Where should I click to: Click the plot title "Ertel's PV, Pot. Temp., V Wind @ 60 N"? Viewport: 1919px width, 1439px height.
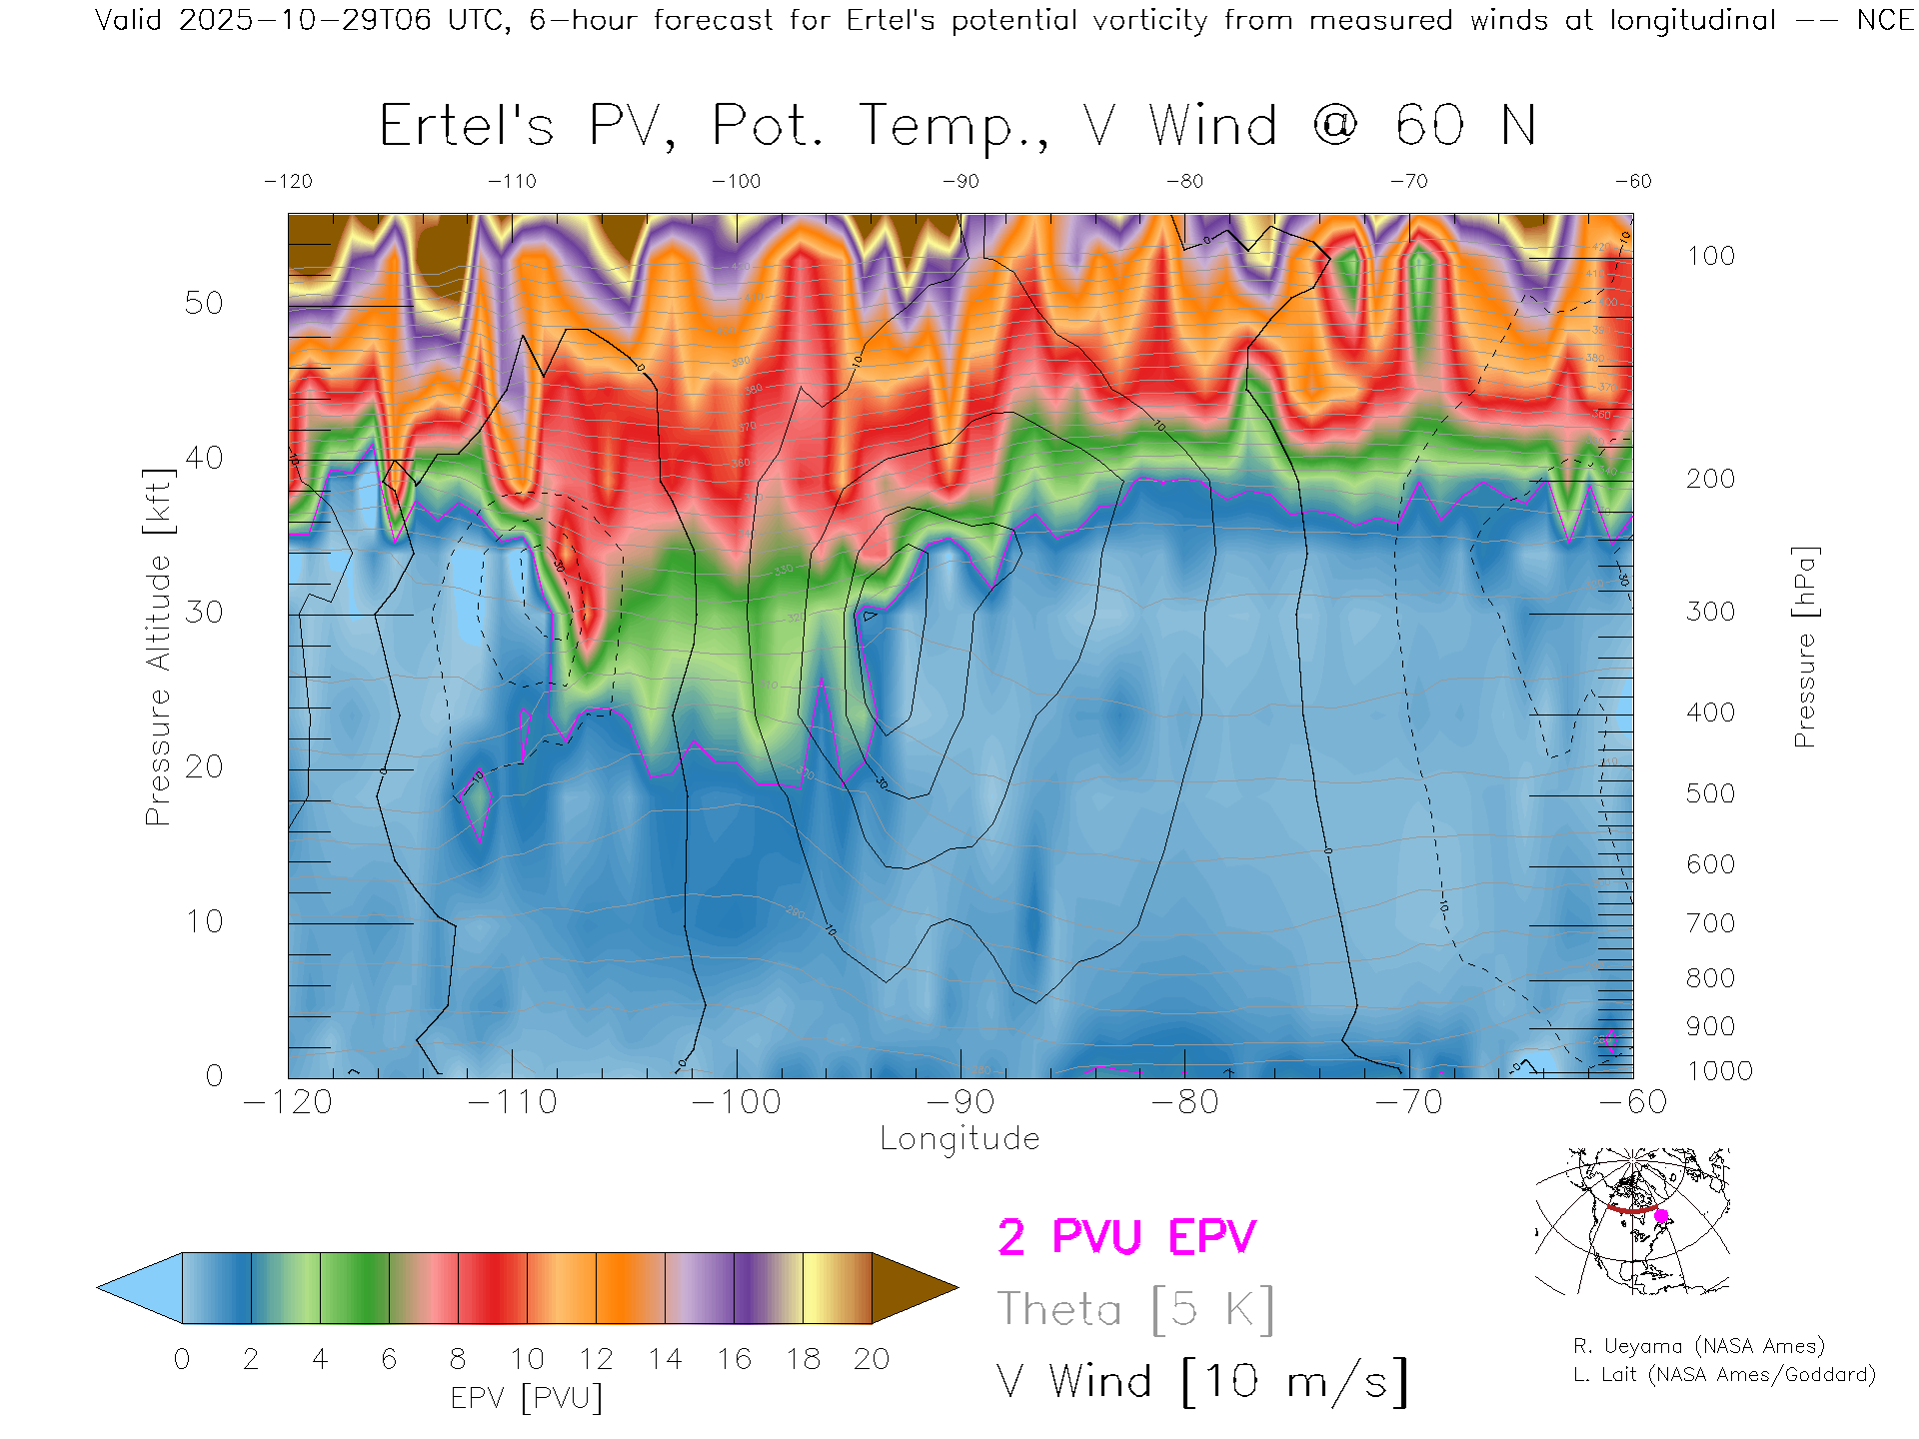957,127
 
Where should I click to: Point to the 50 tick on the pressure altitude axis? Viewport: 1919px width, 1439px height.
204,304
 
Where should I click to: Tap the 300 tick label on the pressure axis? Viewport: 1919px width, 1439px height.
1710,612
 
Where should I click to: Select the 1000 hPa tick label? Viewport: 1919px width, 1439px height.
1719,1071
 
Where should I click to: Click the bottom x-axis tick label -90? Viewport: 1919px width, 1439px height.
959,1102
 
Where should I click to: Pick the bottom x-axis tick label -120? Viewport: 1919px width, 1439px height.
288,1102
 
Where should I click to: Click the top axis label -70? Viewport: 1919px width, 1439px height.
1408,182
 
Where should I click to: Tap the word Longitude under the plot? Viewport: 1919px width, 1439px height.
959,1139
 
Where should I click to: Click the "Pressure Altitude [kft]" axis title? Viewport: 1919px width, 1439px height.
158,647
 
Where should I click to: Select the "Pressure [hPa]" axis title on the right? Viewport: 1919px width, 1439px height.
1804,647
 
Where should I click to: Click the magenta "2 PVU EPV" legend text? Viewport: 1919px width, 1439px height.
1126,1237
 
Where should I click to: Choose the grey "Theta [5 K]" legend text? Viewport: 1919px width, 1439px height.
1135,1309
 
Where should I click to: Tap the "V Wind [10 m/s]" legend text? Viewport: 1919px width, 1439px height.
1201,1382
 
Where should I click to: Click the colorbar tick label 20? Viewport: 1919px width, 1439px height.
872,1359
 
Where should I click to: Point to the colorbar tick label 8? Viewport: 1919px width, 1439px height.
458,1359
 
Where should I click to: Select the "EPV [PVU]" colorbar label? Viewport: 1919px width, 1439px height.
527,1398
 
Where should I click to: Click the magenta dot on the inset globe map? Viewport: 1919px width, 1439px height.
1661,1216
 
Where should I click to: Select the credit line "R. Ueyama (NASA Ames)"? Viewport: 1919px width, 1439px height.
1699,1346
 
